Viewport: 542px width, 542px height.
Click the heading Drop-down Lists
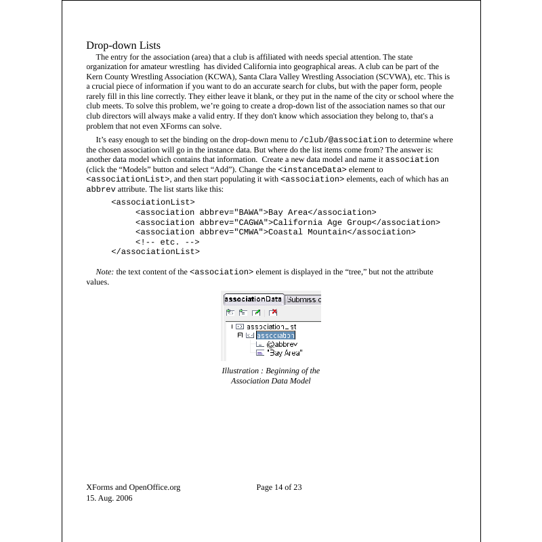(x=123, y=45)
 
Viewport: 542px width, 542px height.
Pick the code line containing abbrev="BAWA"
(x=255, y=212)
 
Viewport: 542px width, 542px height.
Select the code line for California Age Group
(x=287, y=222)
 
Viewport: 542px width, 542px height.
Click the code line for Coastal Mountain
(x=275, y=232)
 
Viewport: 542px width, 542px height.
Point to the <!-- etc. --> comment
(x=167, y=242)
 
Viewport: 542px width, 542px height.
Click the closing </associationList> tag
(x=155, y=251)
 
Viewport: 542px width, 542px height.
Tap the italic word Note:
(x=105, y=272)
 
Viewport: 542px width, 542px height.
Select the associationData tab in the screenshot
(x=253, y=299)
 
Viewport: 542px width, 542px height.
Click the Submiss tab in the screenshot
(x=303, y=299)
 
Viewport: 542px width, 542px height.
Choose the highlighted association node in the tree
(x=276, y=335)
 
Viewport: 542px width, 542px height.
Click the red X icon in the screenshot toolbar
(x=273, y=312)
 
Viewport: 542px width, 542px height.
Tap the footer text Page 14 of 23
(x=279, y=487)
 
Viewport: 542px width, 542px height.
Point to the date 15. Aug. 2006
(x=109, y=498)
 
